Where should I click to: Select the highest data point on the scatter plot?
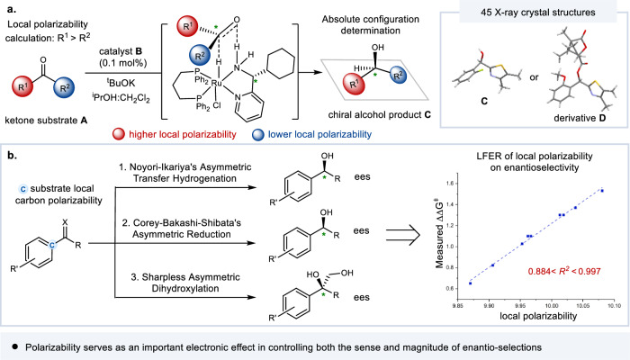click(601, 190)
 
